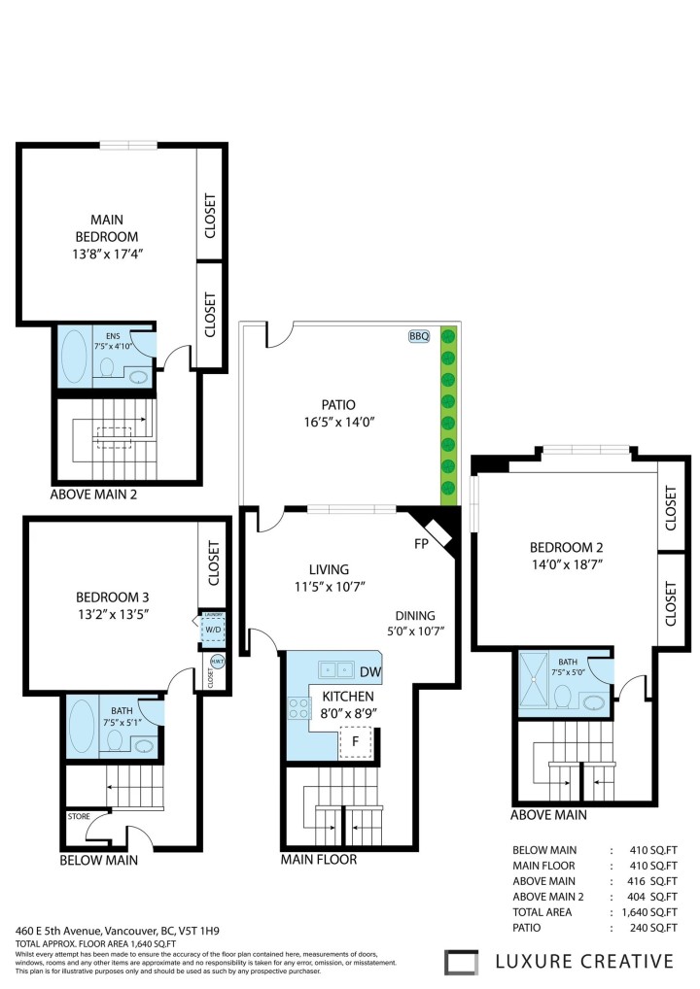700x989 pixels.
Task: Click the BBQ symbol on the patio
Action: (419, 336)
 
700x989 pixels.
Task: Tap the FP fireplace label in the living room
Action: (421, 543)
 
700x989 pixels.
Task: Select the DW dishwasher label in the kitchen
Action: (369, 671)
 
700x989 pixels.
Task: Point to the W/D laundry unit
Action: (213, 629)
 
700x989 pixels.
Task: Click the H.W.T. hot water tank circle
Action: (217, 662)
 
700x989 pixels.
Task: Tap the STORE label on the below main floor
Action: (78, 817)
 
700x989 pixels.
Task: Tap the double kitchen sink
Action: (336, 669)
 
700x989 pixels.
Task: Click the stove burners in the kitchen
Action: (297, 708)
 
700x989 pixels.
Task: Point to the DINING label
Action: (415, 615)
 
